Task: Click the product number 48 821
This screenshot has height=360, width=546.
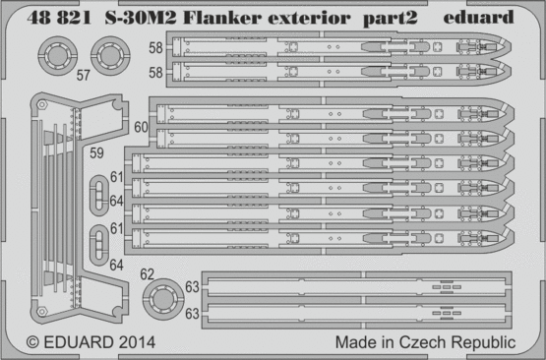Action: [x=59, y=18]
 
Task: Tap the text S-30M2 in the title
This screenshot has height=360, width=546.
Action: [x=141, y=18]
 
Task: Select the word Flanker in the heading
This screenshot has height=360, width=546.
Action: [x=222, y=18]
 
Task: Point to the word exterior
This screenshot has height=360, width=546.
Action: [x=309, y=18]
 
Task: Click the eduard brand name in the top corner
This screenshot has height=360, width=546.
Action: [x=478, y=17]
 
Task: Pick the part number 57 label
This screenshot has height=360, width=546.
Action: [x=84, y=75]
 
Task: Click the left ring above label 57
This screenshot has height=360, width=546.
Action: [x=57, y=56]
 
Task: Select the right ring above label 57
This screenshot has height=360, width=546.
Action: [x=110, y=56]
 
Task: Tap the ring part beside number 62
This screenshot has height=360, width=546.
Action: [x=163, y=299]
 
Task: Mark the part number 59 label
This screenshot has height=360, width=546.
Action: [x=96, y=152]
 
